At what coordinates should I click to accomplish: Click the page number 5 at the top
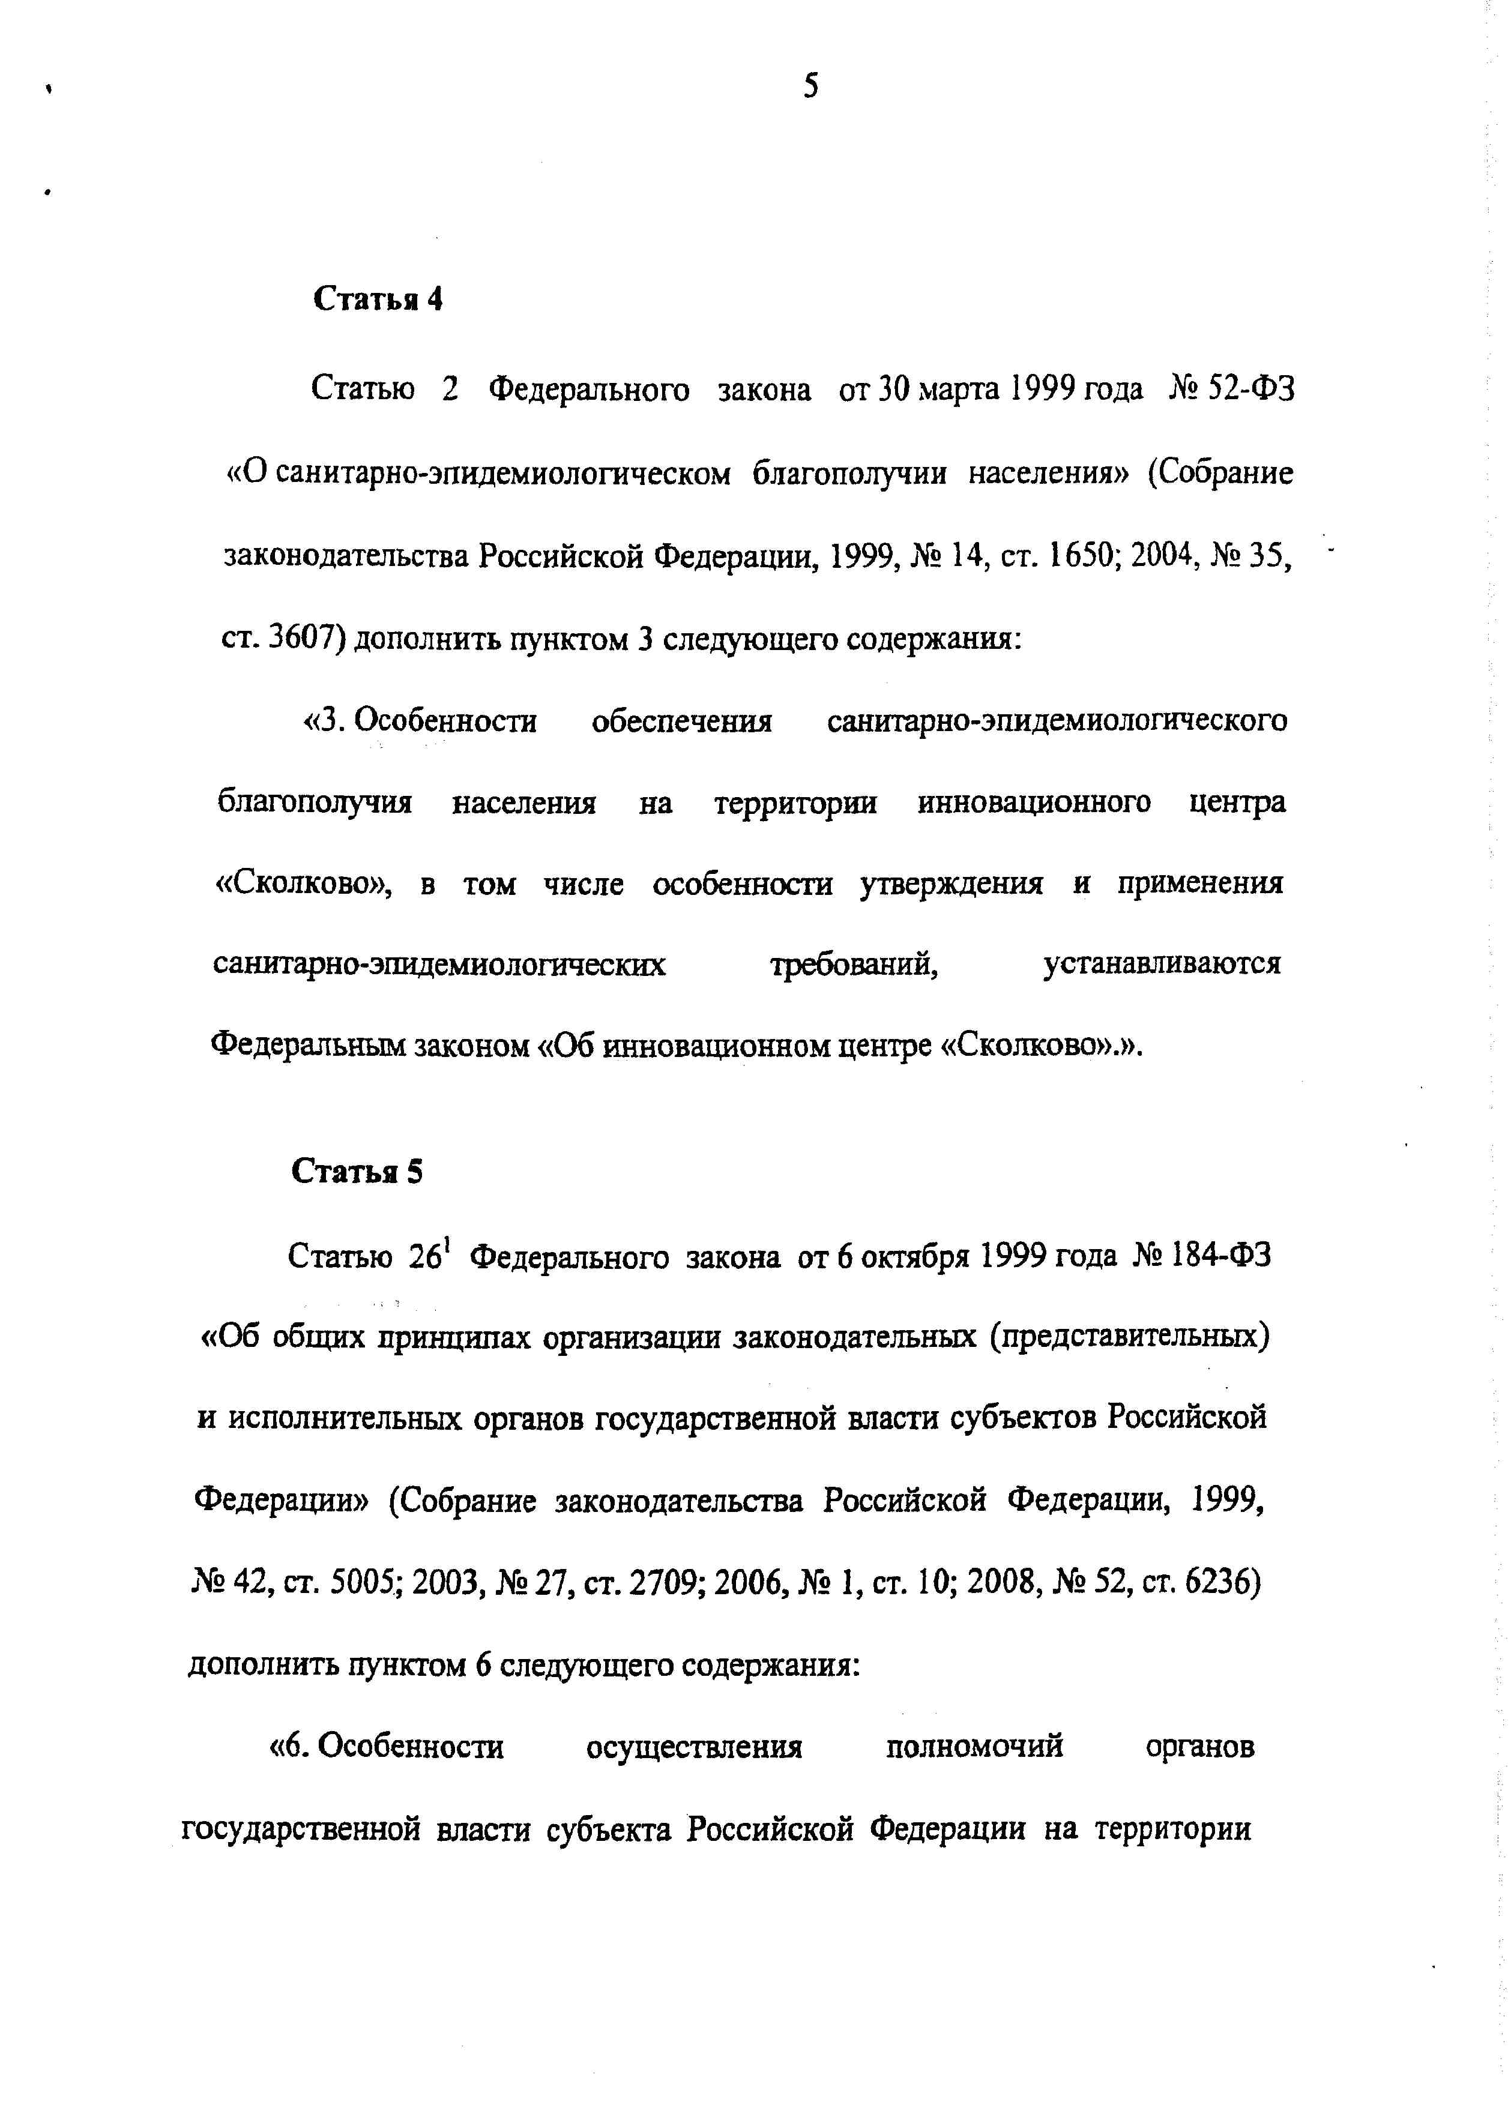tap(811, 86)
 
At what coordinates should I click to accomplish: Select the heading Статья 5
tap(357, 1172)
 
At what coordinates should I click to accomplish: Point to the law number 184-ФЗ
tap(1219, 1256)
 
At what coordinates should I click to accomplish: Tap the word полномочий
tap(974, 1747)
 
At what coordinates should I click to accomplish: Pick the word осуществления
tap(694, 1747)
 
